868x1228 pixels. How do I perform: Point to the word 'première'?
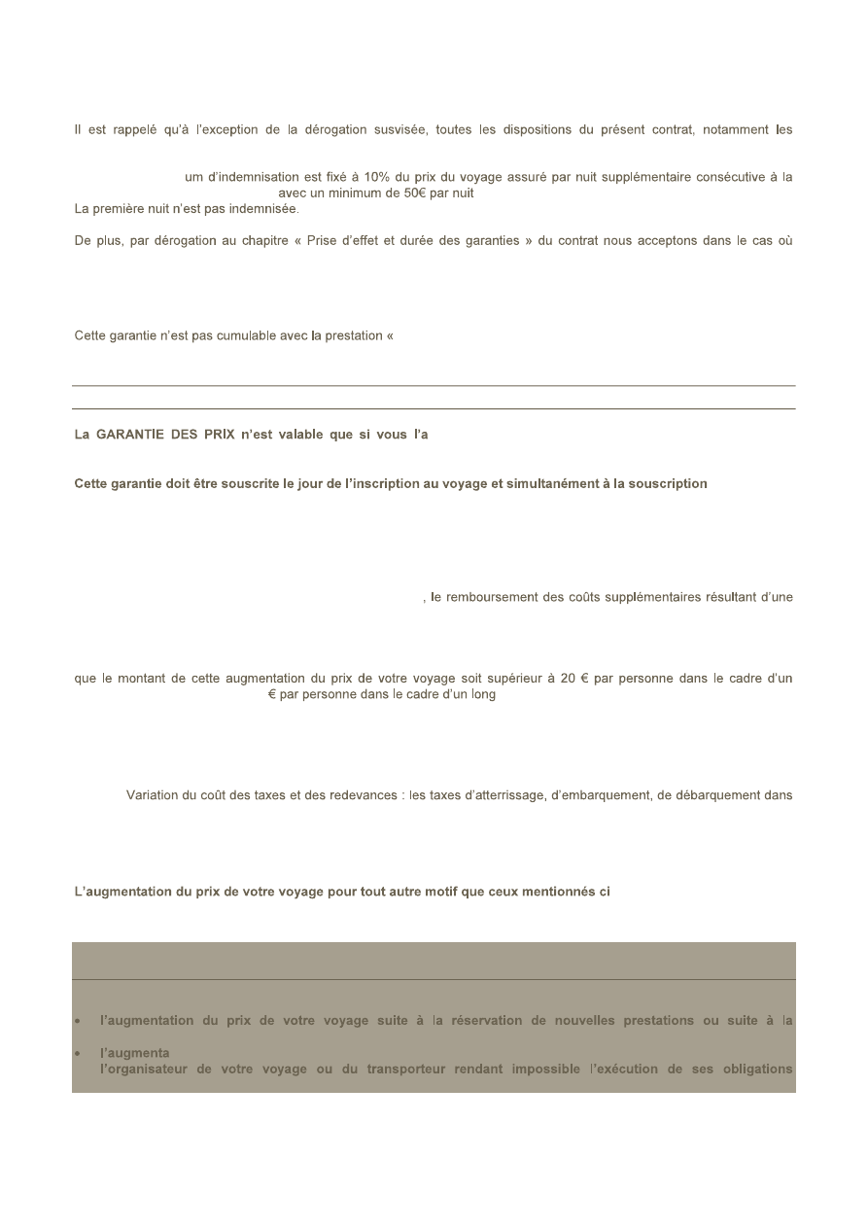(x=124, y=208)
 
